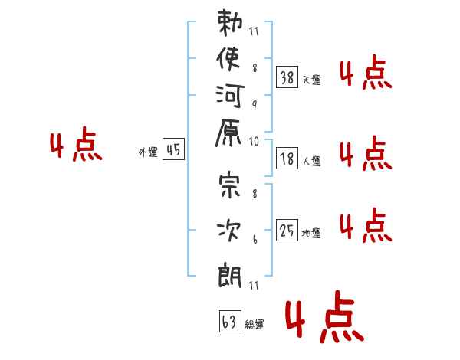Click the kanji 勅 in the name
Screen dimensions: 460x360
pyautogui.click(x=230, y=23)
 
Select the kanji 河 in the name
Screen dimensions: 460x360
pyautogui.click(x=230, y=96)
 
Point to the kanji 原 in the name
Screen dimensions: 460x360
pyautogui.click(x=228, y=133)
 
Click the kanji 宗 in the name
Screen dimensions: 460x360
pyautogui.click(x=230, y=184)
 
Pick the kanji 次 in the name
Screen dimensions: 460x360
pyautogui.click(x=228, y=231)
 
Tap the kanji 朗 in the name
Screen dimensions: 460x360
pyautogui.click(x=230, y=275)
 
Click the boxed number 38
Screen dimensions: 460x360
pyautogui.click(x=287, y=77)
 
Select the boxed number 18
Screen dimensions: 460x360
pyautogui.click(x=287, y=159)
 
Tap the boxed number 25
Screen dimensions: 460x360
pyautogui.click(x=287, y=230)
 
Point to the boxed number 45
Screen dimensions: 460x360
pyautogui.click(x=173, y=149)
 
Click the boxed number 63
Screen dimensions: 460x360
pyautogui.click(x=230, y=321)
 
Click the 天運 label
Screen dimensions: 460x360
pyautogui.click(x=312, y=80)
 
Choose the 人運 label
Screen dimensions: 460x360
pyautogui.click(x=312, y=161)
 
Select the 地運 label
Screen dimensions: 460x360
pyautogui.click(x=311, y=233)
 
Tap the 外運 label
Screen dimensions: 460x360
pyautogui.click(x=148, y=152)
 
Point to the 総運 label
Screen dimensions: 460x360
pyautogui.click(x=255, y=324)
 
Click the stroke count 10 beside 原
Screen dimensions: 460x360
pyautogui.click(x=254, y=142)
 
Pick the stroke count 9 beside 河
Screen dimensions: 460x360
pyautogui.click(x=255, y=104)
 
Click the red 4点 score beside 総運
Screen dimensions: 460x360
pyautogui.click(x=325, y=317)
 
